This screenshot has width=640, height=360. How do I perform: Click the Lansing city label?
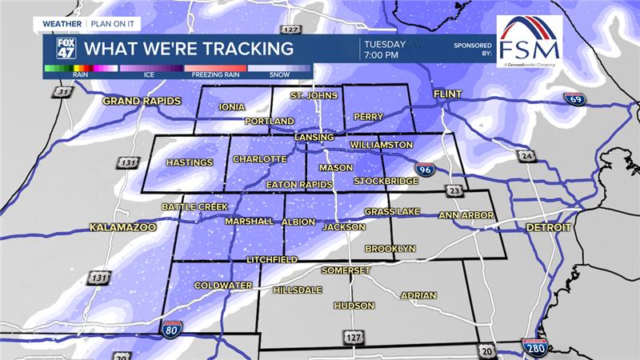coord(313,137)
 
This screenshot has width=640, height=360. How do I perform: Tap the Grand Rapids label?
coord(142,101)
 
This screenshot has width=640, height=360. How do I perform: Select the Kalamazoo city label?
coord(122,227)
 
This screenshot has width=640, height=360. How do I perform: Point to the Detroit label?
coord(548,227)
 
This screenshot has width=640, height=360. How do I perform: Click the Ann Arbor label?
coord(466,215)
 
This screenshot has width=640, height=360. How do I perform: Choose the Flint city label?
coord(448,94)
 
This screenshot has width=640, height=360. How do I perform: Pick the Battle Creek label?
coord(194,206)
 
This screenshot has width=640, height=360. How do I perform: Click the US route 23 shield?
coord(454,190)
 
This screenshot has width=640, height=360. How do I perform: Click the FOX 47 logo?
coord(66,49)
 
